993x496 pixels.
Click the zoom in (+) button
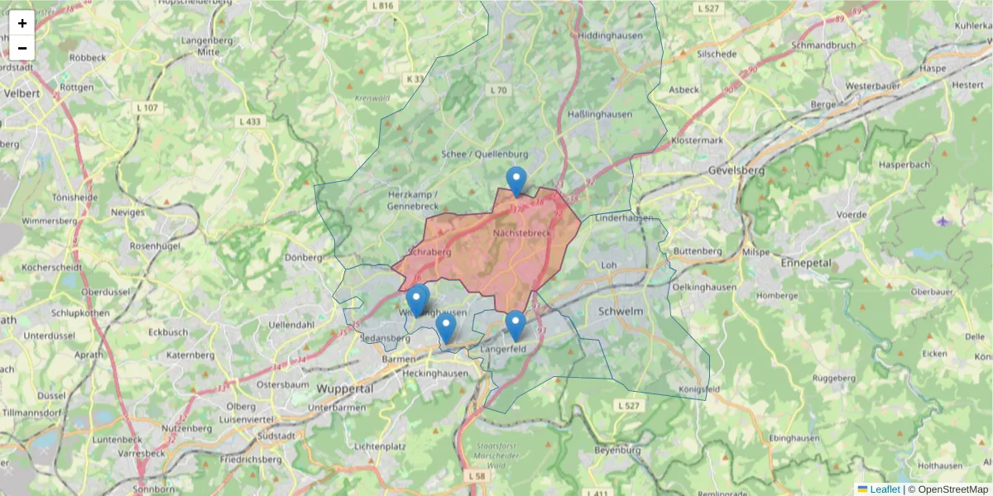22,23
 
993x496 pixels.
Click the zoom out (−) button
22,48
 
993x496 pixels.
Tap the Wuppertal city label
345,388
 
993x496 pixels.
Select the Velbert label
22,93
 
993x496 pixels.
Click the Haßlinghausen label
601,114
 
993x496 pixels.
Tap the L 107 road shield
146,108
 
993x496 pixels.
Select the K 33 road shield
415,79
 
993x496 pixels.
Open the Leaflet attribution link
885,489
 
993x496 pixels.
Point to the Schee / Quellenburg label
485,154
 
